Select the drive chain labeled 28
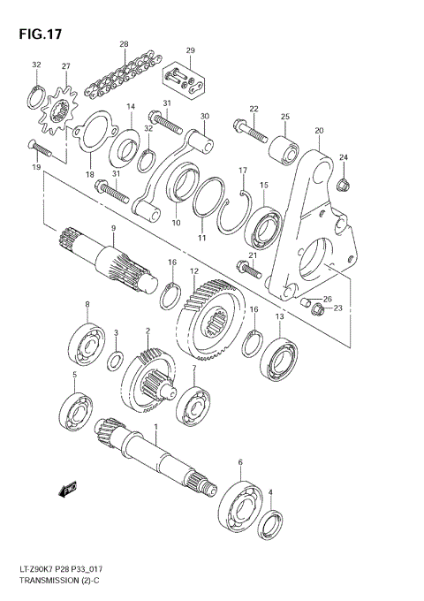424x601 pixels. tap(124, 72)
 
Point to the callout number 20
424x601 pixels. tap(319, 132)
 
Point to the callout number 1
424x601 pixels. tap(155, 428)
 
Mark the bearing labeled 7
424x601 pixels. tap(192, 406)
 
